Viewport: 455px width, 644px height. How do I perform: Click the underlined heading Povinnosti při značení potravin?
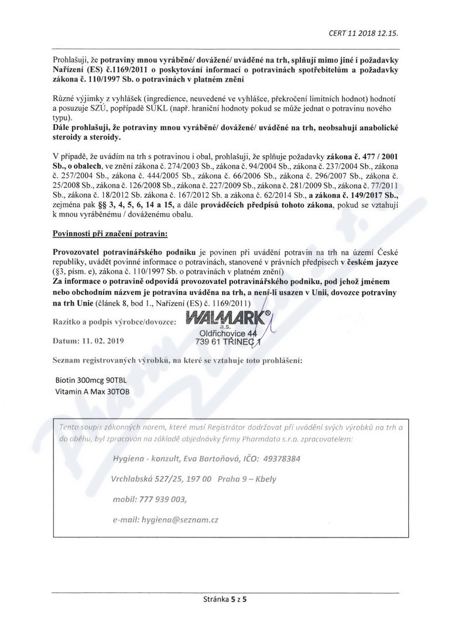110,234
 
